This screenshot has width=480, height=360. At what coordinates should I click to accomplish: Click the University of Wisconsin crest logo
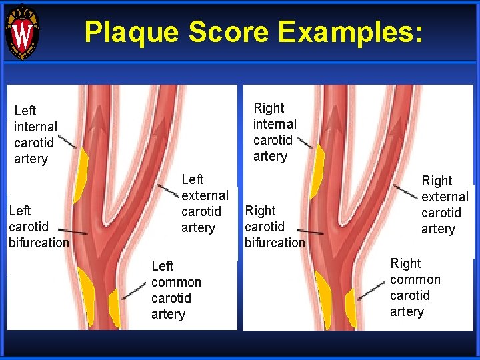pyautogui.click(x=22, y=32)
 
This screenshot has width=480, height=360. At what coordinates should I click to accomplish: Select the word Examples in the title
pyautogui.click(x=347, y=31)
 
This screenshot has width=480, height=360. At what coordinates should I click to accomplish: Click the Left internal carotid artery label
pyautogui.click(x=35, y=135)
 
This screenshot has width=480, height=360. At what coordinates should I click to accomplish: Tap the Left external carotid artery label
pyautogui.click(x=205, y=203)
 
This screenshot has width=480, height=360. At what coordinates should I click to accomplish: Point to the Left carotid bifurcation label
pyautogui.click(x=38, y=227)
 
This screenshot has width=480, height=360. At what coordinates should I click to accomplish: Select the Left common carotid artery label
pyautogui.click(x=176, y=290)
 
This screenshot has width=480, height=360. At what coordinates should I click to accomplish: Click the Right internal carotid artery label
pyautogui.click(x=275, y=132)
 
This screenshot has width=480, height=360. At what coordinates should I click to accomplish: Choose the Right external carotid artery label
pyautogui.click(x=445, y=205)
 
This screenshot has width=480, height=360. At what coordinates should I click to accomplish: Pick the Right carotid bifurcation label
pyautogui.click(x=274, y=227)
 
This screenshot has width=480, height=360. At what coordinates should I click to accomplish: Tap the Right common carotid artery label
pyautogui.click(x=415, y=287)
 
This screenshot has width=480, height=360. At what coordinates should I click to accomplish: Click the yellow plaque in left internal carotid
pyautogui.click(x=81, y=175)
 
